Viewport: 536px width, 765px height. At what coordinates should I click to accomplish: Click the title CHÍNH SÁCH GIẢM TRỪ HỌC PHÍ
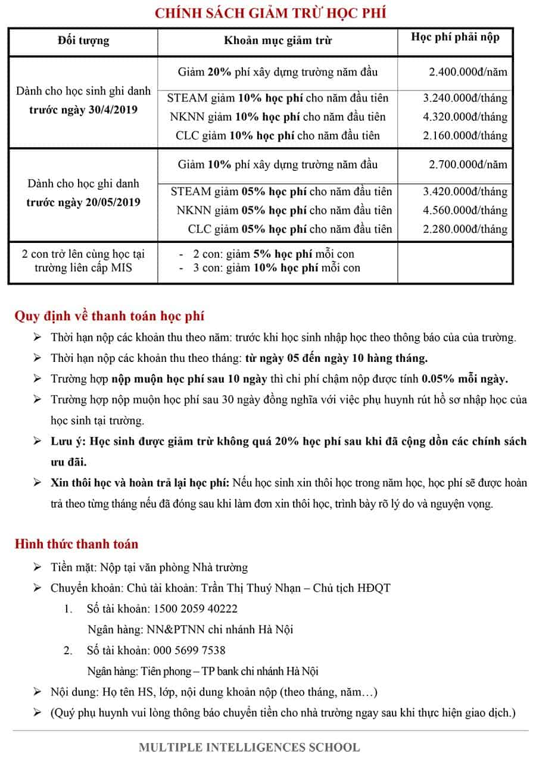(x=270, y=13)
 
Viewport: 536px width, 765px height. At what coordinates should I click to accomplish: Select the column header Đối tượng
(x=83, y=40)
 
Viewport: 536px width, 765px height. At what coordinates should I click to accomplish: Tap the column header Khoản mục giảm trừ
(x=278, y=40)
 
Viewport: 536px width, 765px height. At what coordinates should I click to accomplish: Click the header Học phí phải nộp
(x=455, y=37)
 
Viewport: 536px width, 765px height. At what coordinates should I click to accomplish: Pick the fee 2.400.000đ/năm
(x=468, y=72)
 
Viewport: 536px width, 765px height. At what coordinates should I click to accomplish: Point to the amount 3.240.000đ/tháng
(x=465, y=98)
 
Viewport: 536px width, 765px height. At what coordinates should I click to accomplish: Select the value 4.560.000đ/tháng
(x=465, y=210)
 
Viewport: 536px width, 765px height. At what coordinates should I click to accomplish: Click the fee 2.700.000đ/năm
(x=468, y=164)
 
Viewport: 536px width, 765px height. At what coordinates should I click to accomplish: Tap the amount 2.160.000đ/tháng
(x=465, y=135)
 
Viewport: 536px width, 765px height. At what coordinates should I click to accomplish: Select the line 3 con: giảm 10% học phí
(x=276, y=268)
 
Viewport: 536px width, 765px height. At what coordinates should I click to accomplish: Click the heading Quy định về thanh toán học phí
(x=110, y=316)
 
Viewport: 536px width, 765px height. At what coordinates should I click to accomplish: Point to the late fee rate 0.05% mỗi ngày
(x=465, y=379)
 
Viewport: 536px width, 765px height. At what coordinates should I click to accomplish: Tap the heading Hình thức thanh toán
(x=76, y=544)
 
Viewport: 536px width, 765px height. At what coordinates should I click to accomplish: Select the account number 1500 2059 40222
(x=195, y=608)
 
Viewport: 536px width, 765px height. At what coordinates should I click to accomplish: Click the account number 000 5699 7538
(x=189, y=650)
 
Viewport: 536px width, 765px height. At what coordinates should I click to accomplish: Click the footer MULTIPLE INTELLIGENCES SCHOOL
(x=250, y=747)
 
